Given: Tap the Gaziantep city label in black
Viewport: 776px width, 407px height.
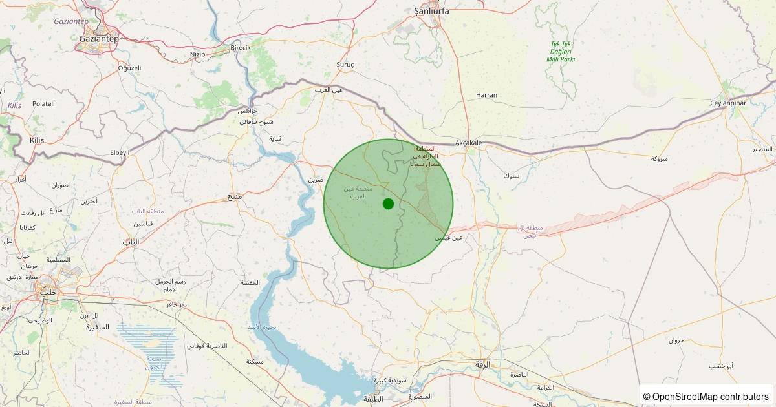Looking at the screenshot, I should (x=99, y=39).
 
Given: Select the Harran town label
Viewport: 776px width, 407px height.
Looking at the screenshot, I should (x=486, y=95).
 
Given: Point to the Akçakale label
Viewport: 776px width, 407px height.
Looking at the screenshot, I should (x=469, y=143).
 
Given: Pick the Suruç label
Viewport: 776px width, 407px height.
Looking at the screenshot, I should (x=345, y=65).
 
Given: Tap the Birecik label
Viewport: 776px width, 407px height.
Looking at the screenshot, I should (x=241, y=48).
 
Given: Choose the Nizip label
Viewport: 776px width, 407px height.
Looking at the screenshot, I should (x=197, y=54).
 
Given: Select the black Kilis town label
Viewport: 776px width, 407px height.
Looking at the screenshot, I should (x=37, y=140).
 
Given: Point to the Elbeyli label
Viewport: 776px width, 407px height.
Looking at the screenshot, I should (x=120, y=152).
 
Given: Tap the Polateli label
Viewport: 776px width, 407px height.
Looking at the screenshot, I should (x=44, y=103).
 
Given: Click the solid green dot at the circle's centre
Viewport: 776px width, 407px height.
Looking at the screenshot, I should (x=388, y=203).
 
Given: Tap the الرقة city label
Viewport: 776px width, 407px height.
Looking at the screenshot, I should (x=483, y=365).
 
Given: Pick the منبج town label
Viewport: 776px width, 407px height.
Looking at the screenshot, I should (x=234, y=196).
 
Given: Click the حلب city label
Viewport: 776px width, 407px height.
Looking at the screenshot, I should (x=48, y=292).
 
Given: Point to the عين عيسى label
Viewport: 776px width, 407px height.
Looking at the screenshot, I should (x=448, y=238).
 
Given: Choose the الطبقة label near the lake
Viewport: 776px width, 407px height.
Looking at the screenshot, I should (x=373, y=399).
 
